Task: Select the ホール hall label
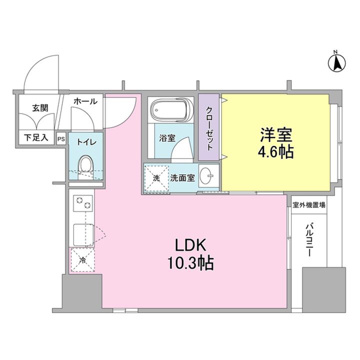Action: point(85,101)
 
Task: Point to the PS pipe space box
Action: point(61,138)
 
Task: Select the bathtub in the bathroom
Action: point(170,110)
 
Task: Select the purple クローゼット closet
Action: point(209,128)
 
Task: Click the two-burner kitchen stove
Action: point(82,205)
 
